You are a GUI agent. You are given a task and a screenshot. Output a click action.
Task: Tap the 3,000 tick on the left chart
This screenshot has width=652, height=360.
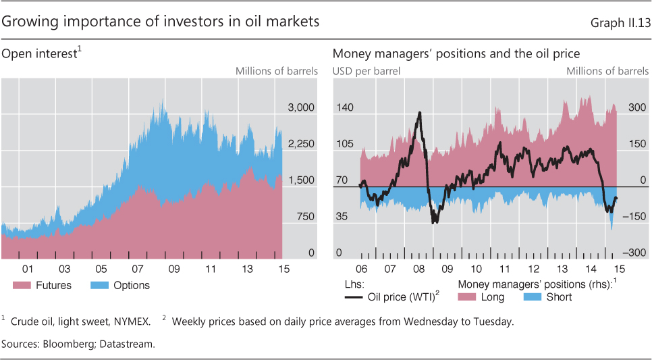point(301,107)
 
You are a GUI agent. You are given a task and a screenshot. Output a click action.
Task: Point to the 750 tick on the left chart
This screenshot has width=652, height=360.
point(306,217)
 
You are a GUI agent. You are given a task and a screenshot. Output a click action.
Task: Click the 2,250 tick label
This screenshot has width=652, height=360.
point(301,144)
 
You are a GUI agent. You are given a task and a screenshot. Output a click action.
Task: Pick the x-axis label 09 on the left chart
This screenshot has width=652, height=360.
point(174,269)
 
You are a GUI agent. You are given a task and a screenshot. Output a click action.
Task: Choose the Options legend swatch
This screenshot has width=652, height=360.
point(100,286)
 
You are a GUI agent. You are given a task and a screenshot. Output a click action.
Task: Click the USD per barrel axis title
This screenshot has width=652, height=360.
point(366,71)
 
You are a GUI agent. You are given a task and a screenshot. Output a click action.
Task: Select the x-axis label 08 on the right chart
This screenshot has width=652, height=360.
point(418,269)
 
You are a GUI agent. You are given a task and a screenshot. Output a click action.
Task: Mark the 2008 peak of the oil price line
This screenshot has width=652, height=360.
point(420,112)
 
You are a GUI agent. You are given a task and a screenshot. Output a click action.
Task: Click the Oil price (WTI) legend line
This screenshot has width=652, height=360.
point(353,297)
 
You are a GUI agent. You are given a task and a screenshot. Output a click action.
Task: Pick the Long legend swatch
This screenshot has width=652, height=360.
point(466,297)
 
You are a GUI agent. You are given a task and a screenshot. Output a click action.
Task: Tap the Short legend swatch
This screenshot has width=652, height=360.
point(533,297)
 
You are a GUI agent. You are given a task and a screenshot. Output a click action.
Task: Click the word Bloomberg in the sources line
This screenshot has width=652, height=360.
point(65,344)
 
